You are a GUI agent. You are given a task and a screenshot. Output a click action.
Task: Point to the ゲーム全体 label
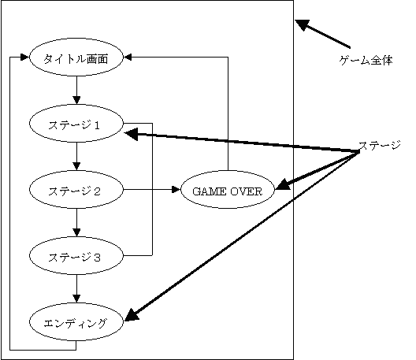(x=366, y=61)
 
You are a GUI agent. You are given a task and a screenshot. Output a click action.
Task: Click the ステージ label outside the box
(x=380, y=146)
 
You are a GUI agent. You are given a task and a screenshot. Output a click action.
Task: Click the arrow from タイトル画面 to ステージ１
(x=76, y=91)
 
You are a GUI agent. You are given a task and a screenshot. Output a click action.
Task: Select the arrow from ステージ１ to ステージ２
(x=76, y=157)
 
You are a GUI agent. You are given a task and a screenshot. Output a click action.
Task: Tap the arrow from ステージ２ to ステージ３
(x=76, y=223)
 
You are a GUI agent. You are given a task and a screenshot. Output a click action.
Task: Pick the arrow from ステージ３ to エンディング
(x=76, y=288)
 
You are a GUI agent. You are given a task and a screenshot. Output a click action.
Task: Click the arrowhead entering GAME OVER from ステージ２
(x=176, y=190)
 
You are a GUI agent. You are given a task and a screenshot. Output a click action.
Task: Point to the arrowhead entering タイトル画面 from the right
(x=128, y=58)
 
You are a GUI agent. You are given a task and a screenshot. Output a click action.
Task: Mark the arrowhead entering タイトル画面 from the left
(x=24, y=58)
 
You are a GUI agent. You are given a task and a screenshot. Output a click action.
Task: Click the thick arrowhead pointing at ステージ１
(x=132, y=134)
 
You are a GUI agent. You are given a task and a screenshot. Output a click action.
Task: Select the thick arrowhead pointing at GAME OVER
(x=283, y=184)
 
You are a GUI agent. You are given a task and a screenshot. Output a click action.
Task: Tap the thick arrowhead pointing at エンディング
(x=132, y=315)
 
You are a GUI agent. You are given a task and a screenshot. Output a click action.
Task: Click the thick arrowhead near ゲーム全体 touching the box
(x=303, y=24)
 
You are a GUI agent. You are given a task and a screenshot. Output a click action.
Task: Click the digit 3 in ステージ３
(x=97, y=258)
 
